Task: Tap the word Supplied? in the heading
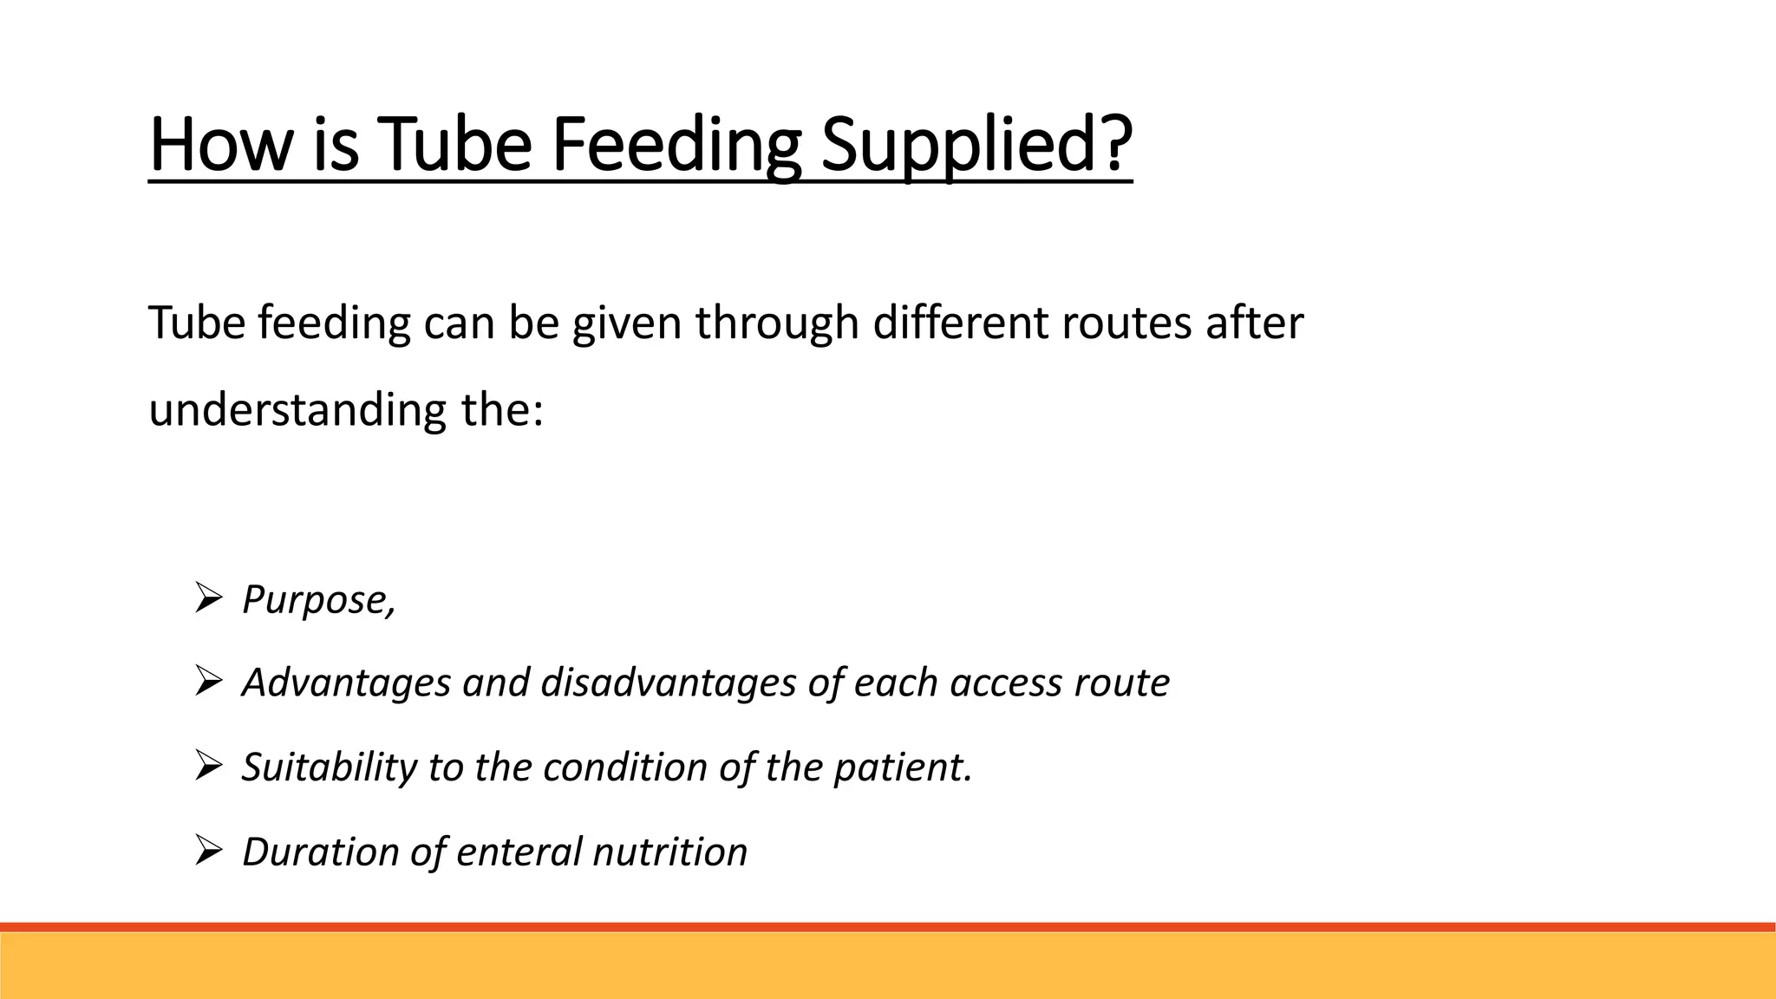pos(976,144)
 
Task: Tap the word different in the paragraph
pos(959,323)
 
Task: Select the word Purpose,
pos(318,599)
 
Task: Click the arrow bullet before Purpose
pos(208,597)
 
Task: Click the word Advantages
pos(346,682)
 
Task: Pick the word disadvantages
pos(668,682)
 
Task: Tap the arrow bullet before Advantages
pos(208,681)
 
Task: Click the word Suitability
pos(329,767)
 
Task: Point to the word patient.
pos(902,767)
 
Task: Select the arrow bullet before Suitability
pos(208,765)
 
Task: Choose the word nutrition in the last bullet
pos(669,851)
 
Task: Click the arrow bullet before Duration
pos(208,849)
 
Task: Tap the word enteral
pos(519,851)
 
